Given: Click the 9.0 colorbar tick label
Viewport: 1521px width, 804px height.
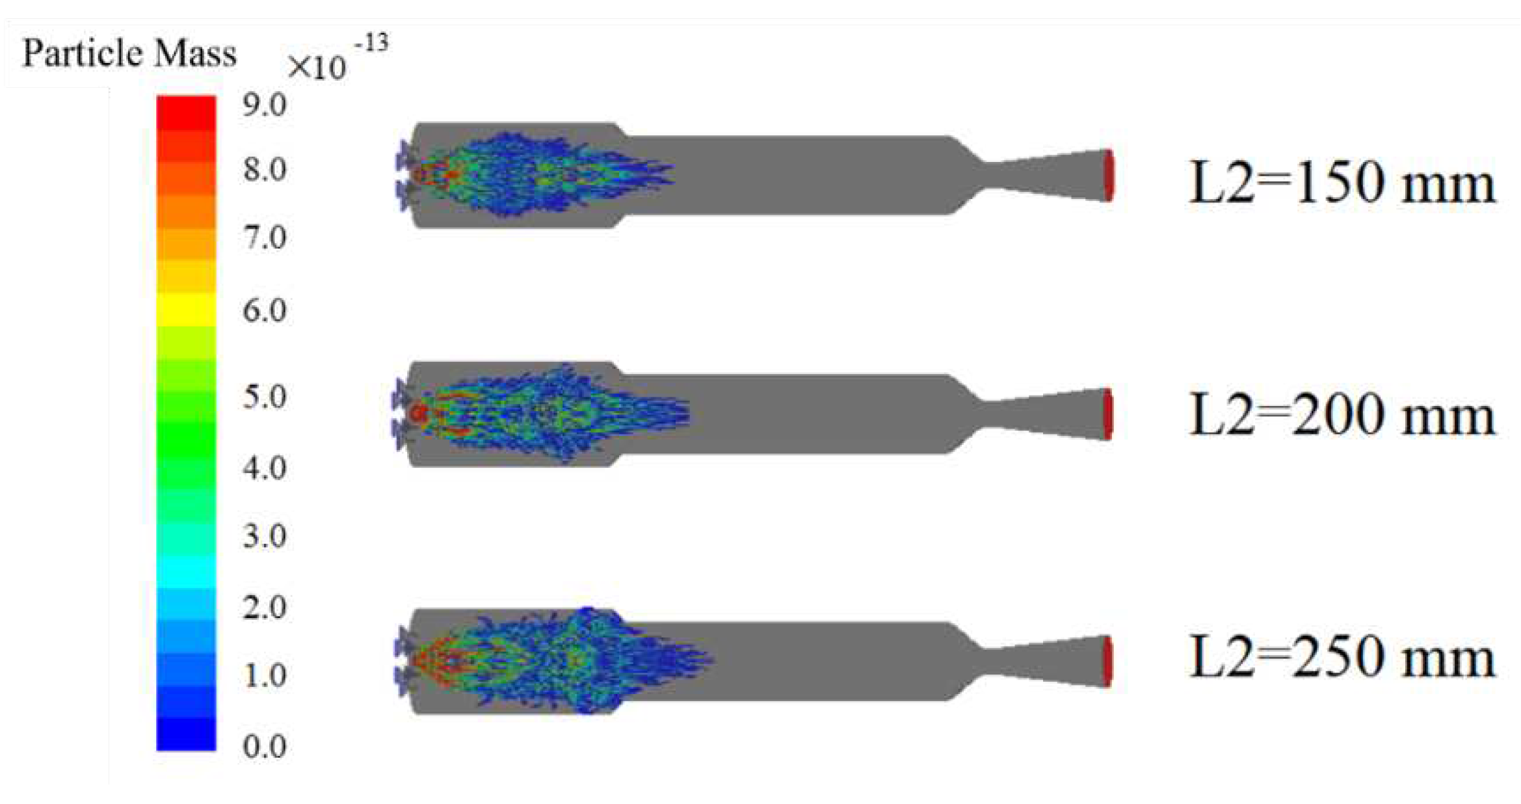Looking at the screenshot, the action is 265,105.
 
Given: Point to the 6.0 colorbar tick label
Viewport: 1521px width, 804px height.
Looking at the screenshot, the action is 265,310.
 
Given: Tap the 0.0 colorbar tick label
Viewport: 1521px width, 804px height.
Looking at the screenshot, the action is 265,746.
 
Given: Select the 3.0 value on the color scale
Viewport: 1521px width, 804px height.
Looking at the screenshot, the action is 265,536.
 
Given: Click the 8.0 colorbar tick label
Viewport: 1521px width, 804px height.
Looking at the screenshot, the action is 265,169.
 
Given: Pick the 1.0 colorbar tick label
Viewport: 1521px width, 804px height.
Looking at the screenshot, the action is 265,675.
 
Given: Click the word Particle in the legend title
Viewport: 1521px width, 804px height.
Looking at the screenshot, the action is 81,53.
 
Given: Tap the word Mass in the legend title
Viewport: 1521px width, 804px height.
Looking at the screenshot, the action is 196,53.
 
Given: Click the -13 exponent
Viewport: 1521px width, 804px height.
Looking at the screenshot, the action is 371,43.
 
